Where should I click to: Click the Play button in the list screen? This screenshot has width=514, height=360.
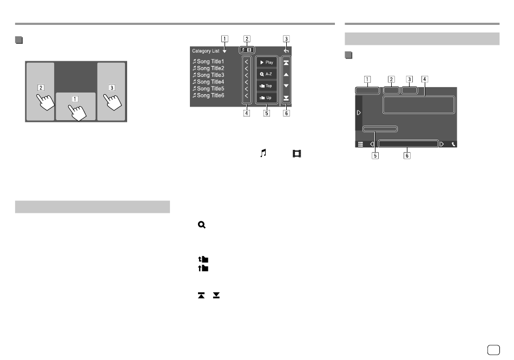pyautogui.click(x=267, y=62)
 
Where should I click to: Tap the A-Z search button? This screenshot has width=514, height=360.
pyautogui.click(x=267, y=74)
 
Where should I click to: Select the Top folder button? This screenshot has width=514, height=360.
pyautogui.click(x=267, y=86)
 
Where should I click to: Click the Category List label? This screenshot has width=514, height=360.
pyautogui.click(x=206, y=51)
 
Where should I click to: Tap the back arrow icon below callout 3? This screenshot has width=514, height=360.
pyautogui.click(x=286, y=51)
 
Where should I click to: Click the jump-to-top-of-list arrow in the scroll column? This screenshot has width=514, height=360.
pyautogui.click(x=286, y=63)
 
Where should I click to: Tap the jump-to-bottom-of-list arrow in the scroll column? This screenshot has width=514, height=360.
pyautogui.click(x=286, y=98)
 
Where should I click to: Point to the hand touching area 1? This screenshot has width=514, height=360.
pyautogui.click(x=77, y=113)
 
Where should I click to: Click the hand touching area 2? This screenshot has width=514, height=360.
pyautogui.click(x=45, y=102)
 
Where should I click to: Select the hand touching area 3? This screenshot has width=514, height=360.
pyautogui.click(x=113, y=102)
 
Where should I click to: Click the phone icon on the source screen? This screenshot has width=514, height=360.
pyautogui.click(x=453, y=144)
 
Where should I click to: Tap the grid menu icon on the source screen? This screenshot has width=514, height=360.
pyautogui.click(x=360, y=144)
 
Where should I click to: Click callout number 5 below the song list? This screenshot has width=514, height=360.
pyautogui.click(x=267, y=113)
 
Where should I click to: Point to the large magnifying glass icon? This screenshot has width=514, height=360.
pyautogui.click(x=202, y=225)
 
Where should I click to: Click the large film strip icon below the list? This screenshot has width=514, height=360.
pyautogui.click(x=296, y=153)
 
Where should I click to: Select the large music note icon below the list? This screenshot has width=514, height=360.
pyautogui.click(x=263, y=153)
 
